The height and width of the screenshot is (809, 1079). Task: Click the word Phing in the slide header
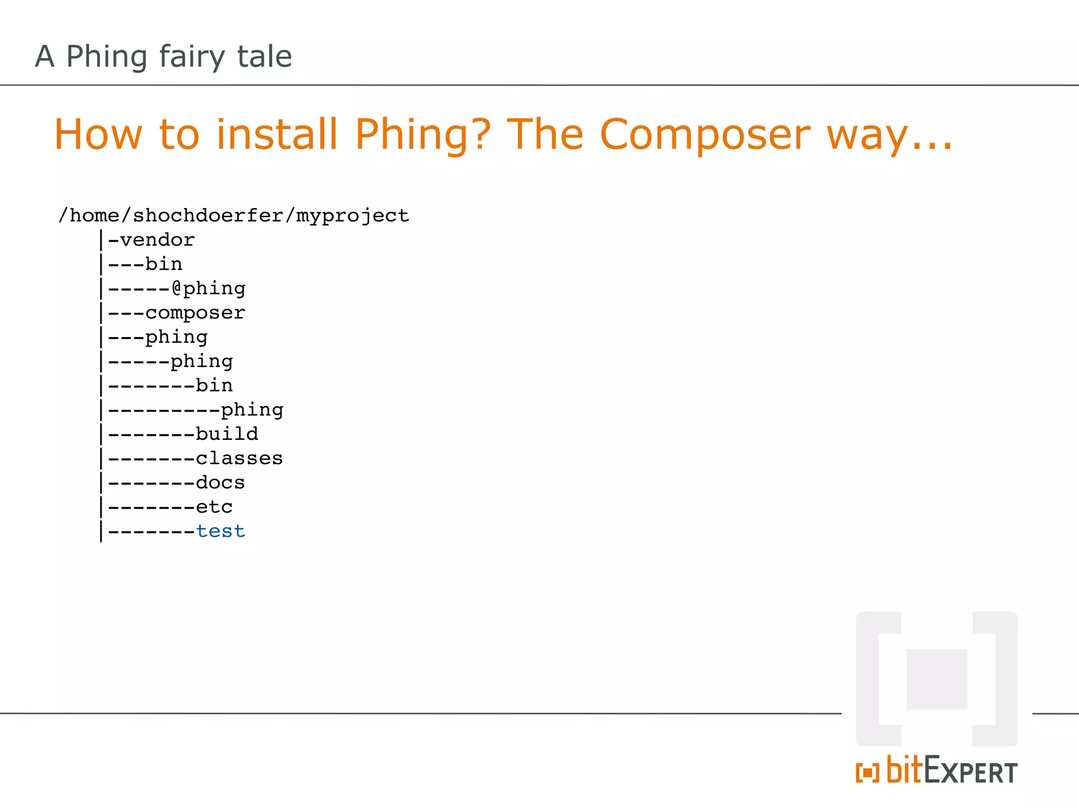pos(106,57)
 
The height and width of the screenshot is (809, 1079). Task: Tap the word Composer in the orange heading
pos(704,135)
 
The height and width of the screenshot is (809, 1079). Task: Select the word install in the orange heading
pos(277,135)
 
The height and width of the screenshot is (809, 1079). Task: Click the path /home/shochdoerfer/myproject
pos(233,215)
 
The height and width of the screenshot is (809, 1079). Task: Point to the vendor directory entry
pos(158,240)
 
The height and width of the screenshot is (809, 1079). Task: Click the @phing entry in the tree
pos(209,289)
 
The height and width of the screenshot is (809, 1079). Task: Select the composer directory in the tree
pos(195,313)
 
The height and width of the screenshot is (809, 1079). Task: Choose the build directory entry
pos(227,434)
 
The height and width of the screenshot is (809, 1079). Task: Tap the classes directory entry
pos(239,458)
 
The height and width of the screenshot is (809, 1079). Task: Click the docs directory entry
pos(220,482)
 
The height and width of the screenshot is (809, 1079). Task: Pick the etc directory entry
pos(214,507)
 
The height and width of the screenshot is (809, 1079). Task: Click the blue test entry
pos(221,531)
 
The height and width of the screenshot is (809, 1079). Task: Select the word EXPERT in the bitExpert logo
pos(970,772)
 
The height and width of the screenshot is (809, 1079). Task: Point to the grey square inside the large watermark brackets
pos(937,679)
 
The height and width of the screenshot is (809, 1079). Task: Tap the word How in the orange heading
pos(99,135)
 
